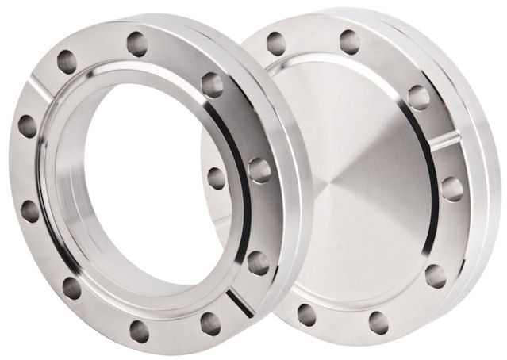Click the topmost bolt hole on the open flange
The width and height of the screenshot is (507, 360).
[135, 40]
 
